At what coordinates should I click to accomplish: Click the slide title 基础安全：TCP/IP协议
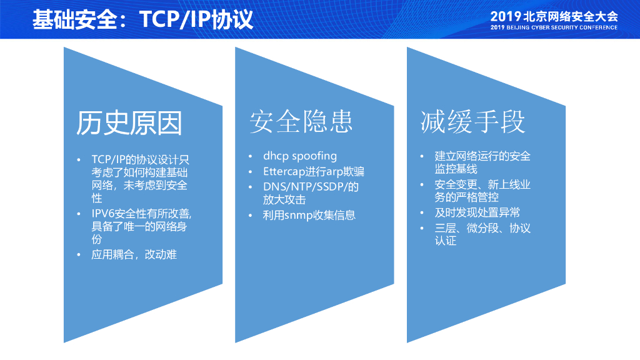[x=143, y=19]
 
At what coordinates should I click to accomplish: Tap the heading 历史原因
[x=129, y=123]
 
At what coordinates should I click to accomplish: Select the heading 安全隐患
[x=301, y=121]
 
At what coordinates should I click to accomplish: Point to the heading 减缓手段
[x=472, y=121]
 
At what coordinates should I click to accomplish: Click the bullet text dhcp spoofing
[x=300, y=156]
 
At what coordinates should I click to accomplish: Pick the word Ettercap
[x=284, y=171]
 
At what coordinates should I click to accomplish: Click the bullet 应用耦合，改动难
[x=134, y=255]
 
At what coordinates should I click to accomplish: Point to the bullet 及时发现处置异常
[x=477, y=212]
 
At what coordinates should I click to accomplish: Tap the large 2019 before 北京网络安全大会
[x=505, y=17]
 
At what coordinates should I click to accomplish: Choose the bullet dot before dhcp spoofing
[x=250, y=156]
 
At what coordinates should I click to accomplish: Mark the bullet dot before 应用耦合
[x=78, y=255]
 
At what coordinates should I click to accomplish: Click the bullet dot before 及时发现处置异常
[x=422, y=212]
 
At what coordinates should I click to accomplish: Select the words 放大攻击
[x=284, y=199]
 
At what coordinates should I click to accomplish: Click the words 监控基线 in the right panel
[x=456, y=169]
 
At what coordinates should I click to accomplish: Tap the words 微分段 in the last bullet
[x=482, y=228]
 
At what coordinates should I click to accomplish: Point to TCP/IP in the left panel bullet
[x=108, y=159]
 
